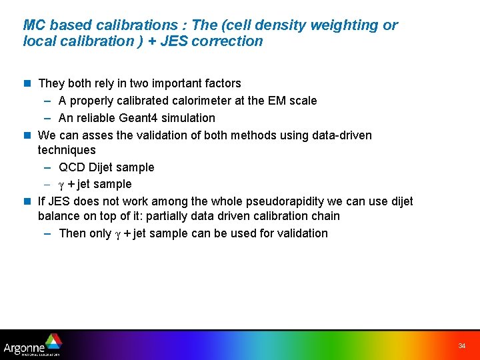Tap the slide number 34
tap(461, 346)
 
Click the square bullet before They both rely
tap(27, 83)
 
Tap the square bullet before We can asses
tap(27, 135)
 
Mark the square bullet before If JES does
tap(27, 201)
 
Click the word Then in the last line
tap(72, 233)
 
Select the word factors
tap(221, 83)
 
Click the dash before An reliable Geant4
tap(49, 118)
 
